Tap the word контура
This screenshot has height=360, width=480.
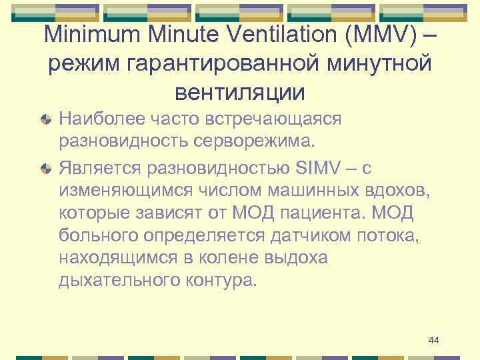[220, 281]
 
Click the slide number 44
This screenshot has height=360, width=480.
[434, 340]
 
